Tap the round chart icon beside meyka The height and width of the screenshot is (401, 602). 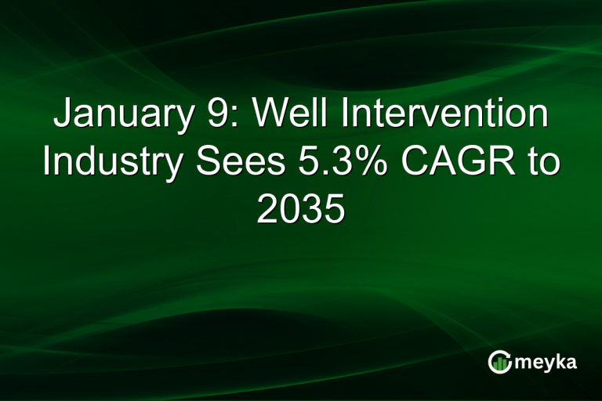(499, 361)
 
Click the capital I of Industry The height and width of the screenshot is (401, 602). (47, 163)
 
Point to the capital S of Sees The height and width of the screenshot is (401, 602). (201, 163)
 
